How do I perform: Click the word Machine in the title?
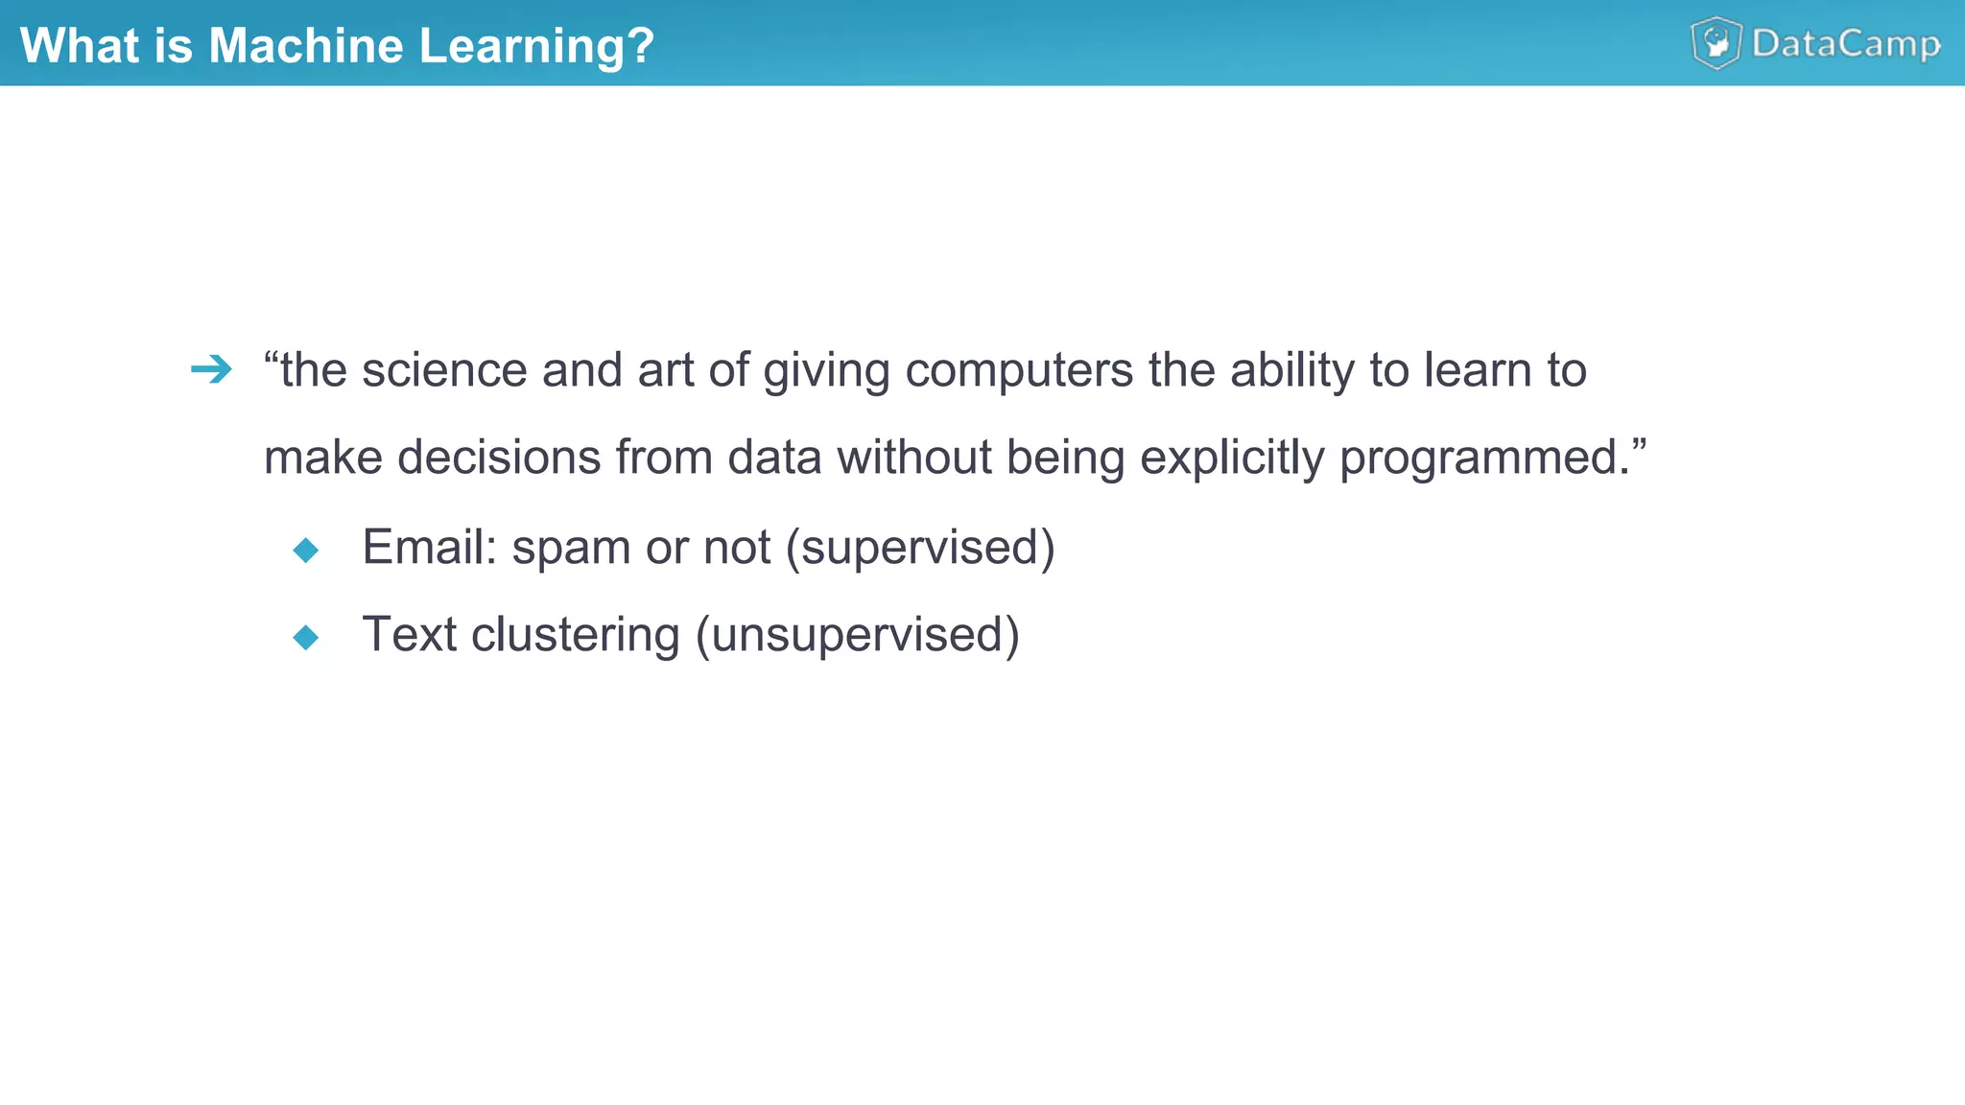tap(306, 45)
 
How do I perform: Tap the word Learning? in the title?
tap(536, 46)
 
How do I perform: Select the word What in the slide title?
tap(79, 45)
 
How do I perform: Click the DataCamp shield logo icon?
tap(1716, 43)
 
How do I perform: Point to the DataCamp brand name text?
tap(1845, 44)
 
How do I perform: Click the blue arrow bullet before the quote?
tap(211, 369)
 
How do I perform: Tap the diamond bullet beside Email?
tap(306, 550)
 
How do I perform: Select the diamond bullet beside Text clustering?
tap(306, 637)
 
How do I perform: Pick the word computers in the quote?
tap(1019, 370)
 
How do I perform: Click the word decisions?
tap(499, 458)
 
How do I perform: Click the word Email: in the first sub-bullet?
tap(429, 548)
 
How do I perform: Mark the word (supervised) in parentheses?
tap(920, 548)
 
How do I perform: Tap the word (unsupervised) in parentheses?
tap(858, 635)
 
